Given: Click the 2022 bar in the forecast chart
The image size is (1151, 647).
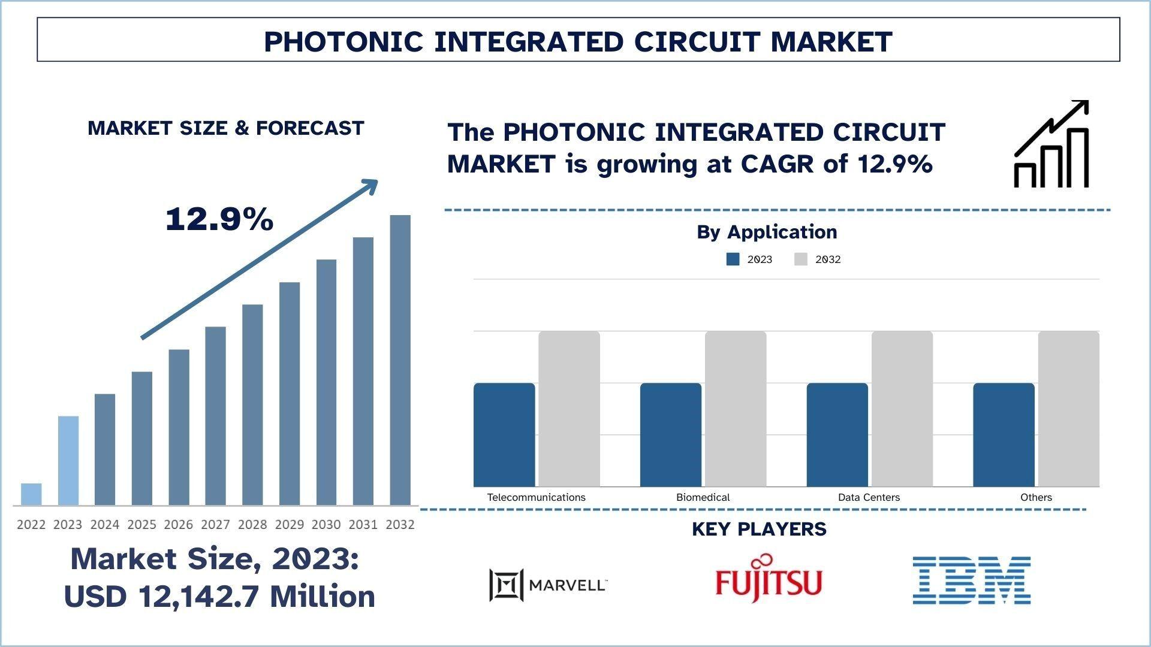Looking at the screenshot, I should click(x=31, y=494).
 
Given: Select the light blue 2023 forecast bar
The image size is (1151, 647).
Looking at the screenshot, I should click(x=68, y=460).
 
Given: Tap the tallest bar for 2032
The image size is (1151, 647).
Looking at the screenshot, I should click(x=400, y=359).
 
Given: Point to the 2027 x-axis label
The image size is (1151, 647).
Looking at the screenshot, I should click(x=215, y=525).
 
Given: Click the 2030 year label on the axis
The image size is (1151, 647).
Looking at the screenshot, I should click(x=326, y=525).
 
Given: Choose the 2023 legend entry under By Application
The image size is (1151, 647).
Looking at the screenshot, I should click(x=749, y=259).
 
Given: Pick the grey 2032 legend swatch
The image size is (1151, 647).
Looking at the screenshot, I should click(x=801, y=259).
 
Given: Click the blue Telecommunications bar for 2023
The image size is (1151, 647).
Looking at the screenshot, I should click(x=504, y=434).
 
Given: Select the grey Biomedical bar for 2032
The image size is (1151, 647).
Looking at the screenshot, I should click(x=736, y=409).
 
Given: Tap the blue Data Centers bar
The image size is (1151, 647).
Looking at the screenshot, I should click(x=837, y=434).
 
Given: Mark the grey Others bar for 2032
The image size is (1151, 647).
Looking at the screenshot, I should click(x=1068, y=409).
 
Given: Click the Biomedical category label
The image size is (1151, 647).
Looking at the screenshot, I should click(x=703, y=497).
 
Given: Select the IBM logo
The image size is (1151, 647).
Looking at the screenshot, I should click(x=971, y=580).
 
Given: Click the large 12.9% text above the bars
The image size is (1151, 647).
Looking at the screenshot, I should click(x=219, y=219).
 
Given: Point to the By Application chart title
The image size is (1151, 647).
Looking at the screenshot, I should click(x=766, y=232).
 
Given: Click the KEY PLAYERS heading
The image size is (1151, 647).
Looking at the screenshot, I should click(x=759, y=529).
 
